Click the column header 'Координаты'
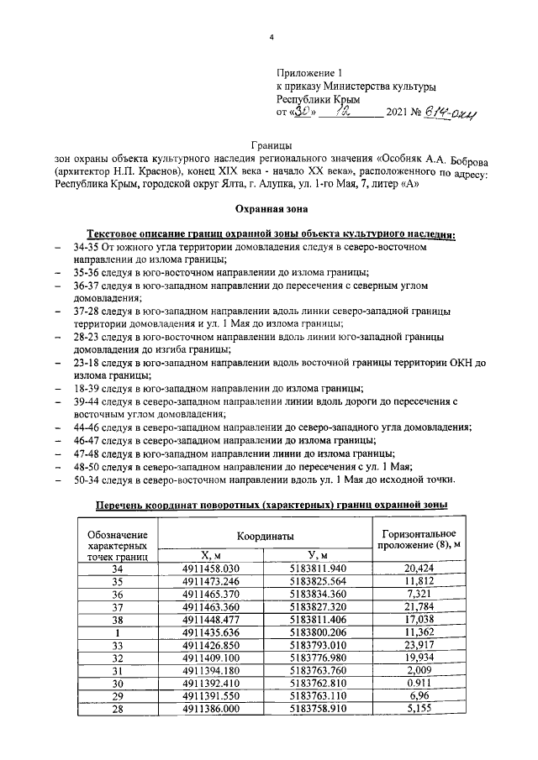[265, 535]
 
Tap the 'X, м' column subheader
[211, 554]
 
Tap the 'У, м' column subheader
[317, 554]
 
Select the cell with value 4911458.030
[211, 568]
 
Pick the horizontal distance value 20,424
[419, 568]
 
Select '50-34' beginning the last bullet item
[87, 480]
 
